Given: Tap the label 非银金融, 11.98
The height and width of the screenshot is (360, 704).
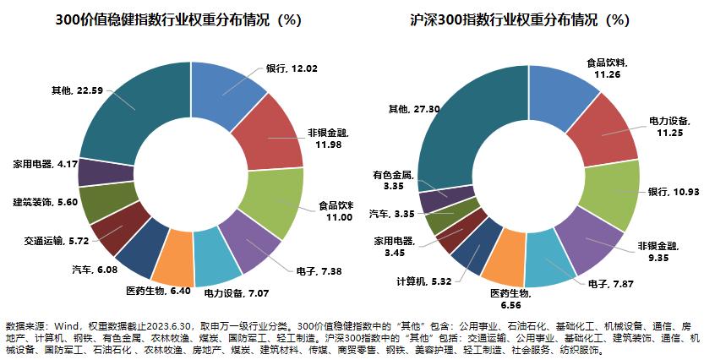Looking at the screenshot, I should (x=323, y=137).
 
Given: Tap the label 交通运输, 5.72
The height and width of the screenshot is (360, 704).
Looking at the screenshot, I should (x=56, y=240).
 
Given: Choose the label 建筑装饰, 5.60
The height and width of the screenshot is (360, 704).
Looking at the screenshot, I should (x=45, y=202).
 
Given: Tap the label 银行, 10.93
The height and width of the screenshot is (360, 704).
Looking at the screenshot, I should (x=673, y=192).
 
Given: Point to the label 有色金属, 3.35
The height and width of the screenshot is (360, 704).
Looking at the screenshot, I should (x=392, y=180).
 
